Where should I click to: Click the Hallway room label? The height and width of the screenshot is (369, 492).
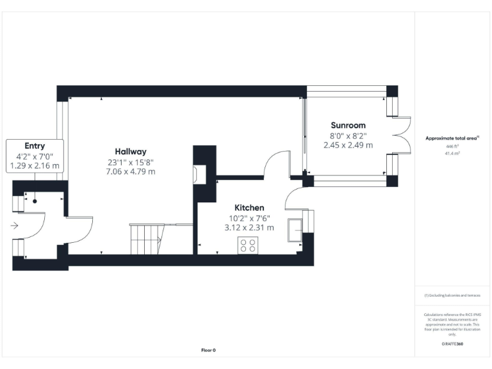coord(131,151)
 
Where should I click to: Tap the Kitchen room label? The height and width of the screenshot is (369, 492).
coord(249,208)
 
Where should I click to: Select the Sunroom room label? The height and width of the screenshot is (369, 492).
coord(348,125)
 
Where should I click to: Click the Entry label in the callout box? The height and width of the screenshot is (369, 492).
coord(35,146)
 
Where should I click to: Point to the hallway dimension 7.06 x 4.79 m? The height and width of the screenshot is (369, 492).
coord(131,172)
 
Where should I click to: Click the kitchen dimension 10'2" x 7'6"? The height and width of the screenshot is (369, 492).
coord(249,218)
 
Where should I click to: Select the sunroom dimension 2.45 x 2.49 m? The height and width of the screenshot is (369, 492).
coord(348,145)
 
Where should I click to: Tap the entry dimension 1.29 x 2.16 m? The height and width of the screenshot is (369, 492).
coord(35,166)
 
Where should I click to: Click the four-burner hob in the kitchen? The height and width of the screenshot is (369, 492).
coord(248,245)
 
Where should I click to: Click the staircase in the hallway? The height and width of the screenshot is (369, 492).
coord(146,238)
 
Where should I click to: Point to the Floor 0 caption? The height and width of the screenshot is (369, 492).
coord(208,350)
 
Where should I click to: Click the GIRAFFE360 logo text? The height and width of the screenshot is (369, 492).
coord(452,344)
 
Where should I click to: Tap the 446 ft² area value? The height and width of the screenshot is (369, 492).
coord(452,147)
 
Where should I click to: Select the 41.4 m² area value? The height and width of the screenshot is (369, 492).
coord(452,154)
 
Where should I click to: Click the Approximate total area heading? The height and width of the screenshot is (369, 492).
coord(452,138)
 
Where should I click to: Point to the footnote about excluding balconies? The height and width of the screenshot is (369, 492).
coord(452,295)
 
